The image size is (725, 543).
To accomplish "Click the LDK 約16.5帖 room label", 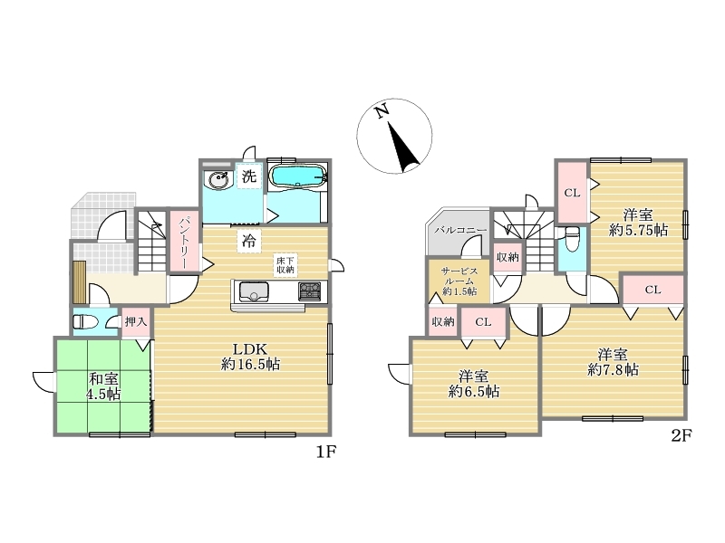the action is pyautogui.click(x=250, y=357).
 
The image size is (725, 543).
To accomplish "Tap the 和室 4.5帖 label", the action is pyautogui.click(x=103, y=386).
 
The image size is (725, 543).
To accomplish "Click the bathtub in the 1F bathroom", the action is pyautogui.click(x=298, y=176).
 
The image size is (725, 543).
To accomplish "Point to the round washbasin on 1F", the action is pyautogui.click(x=218, y=179).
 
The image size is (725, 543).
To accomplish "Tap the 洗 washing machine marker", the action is pyautogui.click(x=249, y=176).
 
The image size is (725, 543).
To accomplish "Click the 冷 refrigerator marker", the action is pyautogui.click(x=249, y=241).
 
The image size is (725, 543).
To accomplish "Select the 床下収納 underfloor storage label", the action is pyautogui.click(x=285, y=265).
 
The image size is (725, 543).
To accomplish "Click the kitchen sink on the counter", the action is pyautogui.click(x=253, y=291).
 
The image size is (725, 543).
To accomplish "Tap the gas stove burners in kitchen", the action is pyautogui.click(x=310, y=291).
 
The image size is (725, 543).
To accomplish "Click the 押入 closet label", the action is pyautogui.click(x=136, y=321).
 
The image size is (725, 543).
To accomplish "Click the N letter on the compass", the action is pyautogui.click(x=381, y=111).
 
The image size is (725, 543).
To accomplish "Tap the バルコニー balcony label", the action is pyautogui.click(x=460, y=230).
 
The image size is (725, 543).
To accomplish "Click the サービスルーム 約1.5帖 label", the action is pyautogui.click(x=459, y=281).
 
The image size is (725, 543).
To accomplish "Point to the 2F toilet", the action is pyautogui.click(x=572, y=239).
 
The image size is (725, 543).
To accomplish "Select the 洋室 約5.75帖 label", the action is pyautogui.click(x=638, y=223).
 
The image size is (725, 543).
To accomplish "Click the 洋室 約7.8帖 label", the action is pyautogui.click(x=614, y=363).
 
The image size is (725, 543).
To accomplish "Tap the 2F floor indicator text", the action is pyautogui.click(x=681, y=435).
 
